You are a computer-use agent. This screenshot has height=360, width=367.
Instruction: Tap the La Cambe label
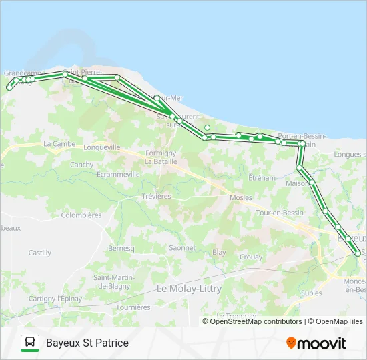coord(59,143)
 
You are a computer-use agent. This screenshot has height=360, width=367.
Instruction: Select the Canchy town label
coord(82,165)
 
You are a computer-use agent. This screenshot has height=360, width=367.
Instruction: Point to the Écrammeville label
coord(118,174)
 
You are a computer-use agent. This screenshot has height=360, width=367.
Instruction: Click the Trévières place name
coord(156,197)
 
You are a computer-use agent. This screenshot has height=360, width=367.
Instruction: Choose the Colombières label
coord(81,215)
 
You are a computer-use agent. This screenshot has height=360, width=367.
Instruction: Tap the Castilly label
coord(39,253)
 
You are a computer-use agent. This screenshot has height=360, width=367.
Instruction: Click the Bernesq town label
coord(121,248)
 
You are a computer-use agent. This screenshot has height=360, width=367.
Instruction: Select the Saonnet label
coord(182,247)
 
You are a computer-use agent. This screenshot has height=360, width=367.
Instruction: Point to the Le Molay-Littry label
coord(189,289)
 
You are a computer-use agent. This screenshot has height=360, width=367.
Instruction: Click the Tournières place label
coord(133,307)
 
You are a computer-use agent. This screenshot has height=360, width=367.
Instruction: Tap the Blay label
coord(219,253)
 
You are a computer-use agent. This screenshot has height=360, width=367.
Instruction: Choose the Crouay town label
coord(250,257)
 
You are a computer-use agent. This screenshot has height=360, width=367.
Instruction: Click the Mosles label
coord(240,198)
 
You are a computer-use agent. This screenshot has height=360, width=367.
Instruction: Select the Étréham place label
coord(262,178)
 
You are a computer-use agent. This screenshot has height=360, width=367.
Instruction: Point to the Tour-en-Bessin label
coord(280,213)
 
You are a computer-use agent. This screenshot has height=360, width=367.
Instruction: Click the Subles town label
coord(311,293)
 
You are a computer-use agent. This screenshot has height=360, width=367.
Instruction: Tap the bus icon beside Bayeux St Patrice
coord(30,343)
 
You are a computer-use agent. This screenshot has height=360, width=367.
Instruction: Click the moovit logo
coord(316,343)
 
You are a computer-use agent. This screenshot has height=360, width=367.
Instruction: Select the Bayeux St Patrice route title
coord(87,343)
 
